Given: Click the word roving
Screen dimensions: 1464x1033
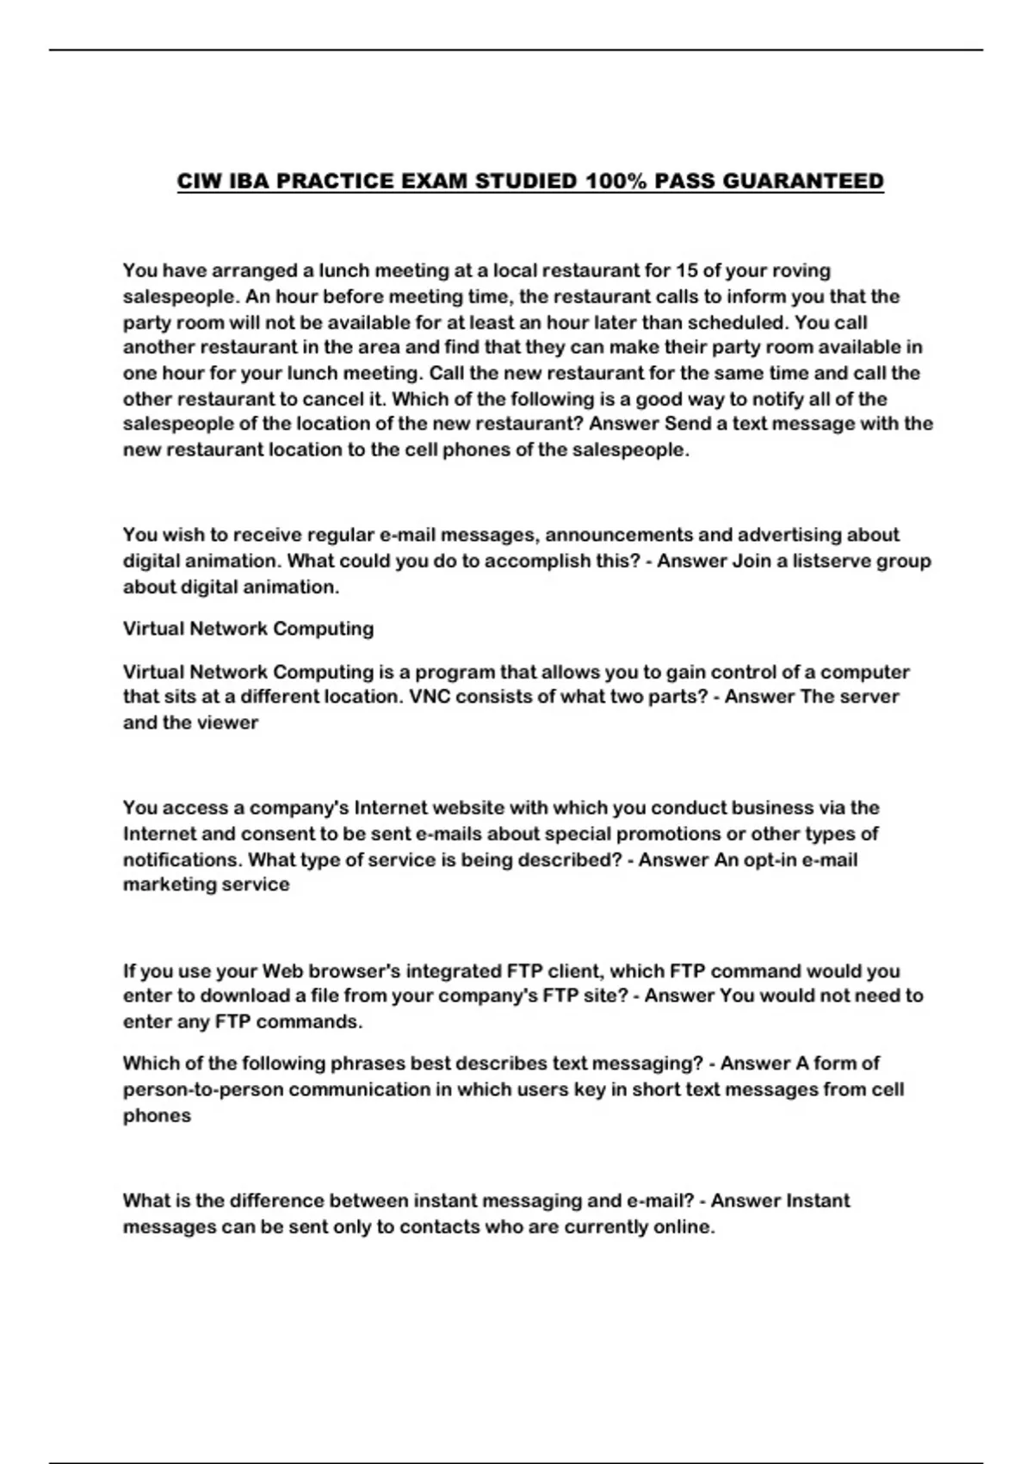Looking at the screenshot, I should pos(801,270).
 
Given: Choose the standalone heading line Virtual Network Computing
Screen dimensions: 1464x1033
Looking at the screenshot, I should pos(248,629).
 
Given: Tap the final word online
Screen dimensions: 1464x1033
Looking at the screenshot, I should pos(684,1227).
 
